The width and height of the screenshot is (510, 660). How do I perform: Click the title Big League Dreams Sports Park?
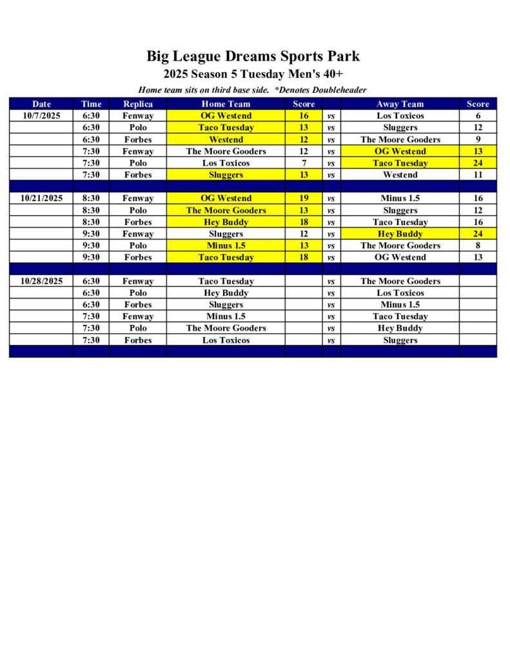click(253, 56)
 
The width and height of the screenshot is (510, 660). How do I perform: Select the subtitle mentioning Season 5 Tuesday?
click(253, 74)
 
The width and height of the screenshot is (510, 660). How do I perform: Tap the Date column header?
click(41, 104)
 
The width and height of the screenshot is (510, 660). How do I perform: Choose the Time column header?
click(91, 104)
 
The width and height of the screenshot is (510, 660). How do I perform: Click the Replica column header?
click(138, 104)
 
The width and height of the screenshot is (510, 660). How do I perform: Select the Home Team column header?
click(226, 104)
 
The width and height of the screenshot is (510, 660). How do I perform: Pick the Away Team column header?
click(400, 104)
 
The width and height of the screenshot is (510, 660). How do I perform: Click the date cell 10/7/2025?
click(41, 116)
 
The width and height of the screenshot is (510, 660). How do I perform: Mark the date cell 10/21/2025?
click(41, 199)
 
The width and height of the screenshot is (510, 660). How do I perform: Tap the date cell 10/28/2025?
click(41, 281)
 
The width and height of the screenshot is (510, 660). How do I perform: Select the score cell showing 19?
click(304, 199)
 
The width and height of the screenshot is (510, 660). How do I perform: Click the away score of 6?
click(478, 116)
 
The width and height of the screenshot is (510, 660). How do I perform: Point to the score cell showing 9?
click(478, 139)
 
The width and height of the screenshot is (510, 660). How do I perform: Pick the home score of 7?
click(304, 163)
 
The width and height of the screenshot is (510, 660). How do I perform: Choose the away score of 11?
click(478, 175)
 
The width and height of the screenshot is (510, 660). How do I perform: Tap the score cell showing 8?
click(478, 246)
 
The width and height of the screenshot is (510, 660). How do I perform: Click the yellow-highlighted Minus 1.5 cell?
click(226, 246)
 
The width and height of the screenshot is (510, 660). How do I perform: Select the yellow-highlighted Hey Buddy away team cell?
click(400, 234)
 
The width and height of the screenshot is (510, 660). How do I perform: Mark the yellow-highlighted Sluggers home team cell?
click(226, 175)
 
